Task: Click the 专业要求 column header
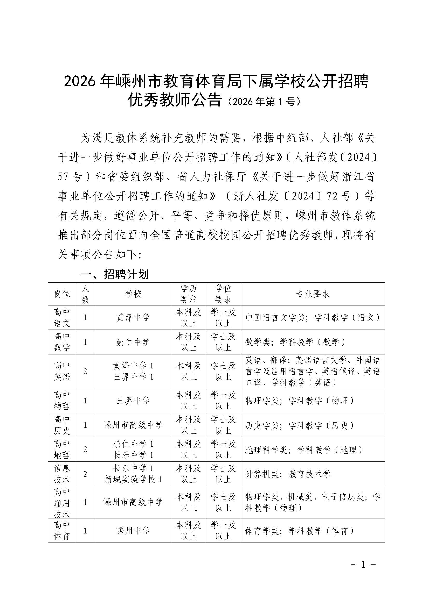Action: pyautogui.click(x=313, y=294)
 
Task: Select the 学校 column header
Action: pyautogui.click(x=133, y=294)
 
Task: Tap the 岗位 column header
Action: pyautogui.click(x=62, y=294)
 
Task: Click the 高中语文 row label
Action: pyautogui.click(x=62, y=318)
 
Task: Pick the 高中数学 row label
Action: pyautogui.click(x=62, y=342)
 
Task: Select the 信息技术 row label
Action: pyautogui.click(x=62, y=474)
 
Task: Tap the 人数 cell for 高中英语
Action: pyautogui.click(x=85, y=371)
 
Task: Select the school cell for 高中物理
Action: pyautogui.click(x=133, y=401)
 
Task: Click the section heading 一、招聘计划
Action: pyautogui.click(x=115, y=274)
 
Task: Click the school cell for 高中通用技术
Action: pyautogui.click(x=133, y=502)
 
